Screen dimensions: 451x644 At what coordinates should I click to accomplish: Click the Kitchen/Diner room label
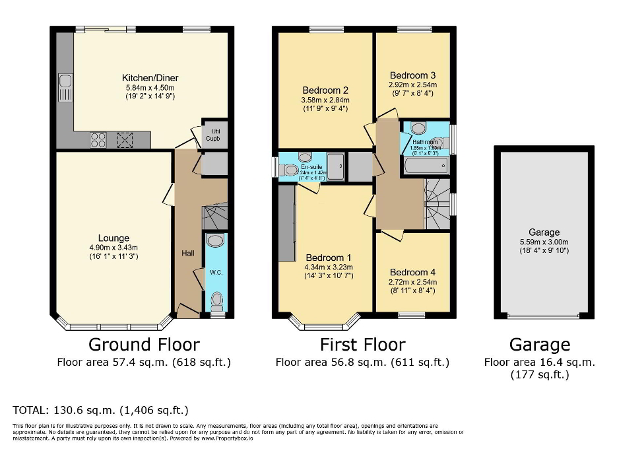(150, 78)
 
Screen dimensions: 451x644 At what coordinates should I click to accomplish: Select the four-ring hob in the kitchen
(97, 139)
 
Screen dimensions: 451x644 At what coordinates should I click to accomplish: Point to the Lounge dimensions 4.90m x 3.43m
(113, 247)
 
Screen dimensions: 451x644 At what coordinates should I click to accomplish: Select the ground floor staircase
(214, 215)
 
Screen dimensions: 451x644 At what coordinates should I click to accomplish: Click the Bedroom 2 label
(325, 90)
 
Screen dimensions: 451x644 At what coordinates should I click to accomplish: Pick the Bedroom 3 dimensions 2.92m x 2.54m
(413, 85)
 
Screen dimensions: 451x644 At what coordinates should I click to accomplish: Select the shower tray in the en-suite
(335, 166)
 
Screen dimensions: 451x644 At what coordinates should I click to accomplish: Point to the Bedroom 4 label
(413, 272)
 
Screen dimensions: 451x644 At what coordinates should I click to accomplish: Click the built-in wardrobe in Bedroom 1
(286, 225)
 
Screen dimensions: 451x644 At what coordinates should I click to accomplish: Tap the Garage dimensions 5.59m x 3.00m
(544, 241)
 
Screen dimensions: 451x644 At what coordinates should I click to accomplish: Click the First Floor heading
(362, 344)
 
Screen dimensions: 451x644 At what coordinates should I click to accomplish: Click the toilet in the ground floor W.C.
(216, 302)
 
